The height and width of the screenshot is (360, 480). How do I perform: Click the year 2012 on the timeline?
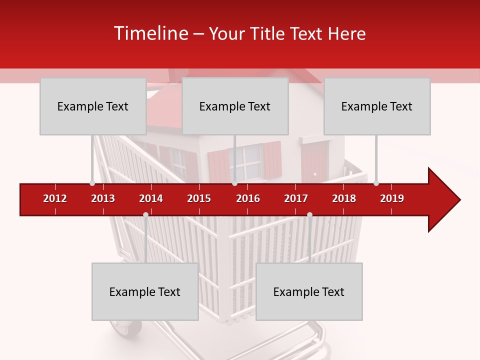click(x=55, y=198)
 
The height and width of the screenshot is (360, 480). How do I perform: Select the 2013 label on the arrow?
click(x=103, y=198)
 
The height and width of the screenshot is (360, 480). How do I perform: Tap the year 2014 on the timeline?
click(x=151, y=198)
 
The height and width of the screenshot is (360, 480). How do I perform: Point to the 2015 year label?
click(x=199, y=198)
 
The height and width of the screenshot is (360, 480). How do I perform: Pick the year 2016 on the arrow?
click(x=248, y=198)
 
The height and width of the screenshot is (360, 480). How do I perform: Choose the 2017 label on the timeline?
click(x=296, y=198)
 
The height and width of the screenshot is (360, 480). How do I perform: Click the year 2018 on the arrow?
click(x=344, y=198)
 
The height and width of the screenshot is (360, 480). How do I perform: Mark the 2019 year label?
click(x=392, y=198)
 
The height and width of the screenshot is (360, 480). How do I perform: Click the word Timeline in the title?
click(x=150, y=33)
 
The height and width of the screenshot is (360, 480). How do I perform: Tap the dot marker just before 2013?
click(x=92, y=183)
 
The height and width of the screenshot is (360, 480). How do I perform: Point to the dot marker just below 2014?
click(x=145, y=215)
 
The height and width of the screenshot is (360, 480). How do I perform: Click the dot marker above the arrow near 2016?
click(x=234, y=183)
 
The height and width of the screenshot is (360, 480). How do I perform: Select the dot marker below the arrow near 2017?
click(x=309, y=215)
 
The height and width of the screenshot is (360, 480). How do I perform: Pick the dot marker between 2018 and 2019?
click(x=376, y=183)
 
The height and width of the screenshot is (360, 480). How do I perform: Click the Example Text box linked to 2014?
click(x=145, y=291)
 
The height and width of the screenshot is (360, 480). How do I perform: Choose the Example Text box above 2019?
click(x=377, y=106)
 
